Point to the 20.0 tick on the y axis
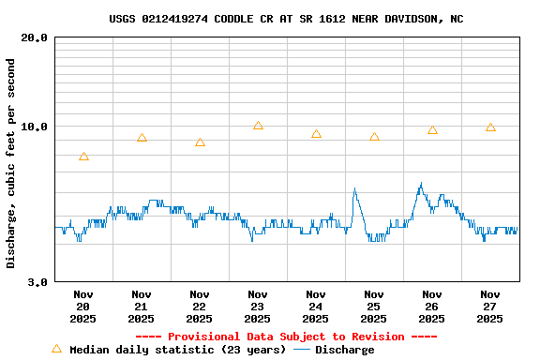tap(35, 37)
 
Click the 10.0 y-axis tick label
tap(35, 127)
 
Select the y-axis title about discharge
tap(11, 163)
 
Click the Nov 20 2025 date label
tap(82, 307)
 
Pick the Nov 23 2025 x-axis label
tap(257, 307)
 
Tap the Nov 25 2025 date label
tap(373, 307)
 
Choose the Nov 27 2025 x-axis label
tap(489, 307)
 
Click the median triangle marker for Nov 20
tap(83, 157)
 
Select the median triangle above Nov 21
tap(142, 138)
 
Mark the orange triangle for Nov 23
tap(258, 126)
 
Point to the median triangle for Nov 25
tap(374, 137)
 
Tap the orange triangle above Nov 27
tap(490, 127)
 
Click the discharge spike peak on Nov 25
tap(354, 188)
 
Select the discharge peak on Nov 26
tap(421, 184)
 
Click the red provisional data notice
tap(286, 337)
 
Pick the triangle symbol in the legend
tap(56, 349)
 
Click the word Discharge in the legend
tap(344, 350)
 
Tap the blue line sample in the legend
tap(301, 350)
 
